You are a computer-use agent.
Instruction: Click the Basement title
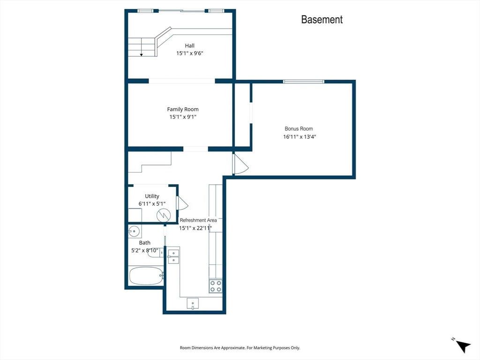tap(322, 20)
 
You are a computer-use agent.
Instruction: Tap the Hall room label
tap(189, 45)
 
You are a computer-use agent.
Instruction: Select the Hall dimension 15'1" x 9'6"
tap(189, 53)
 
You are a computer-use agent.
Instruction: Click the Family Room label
tap(183, 109)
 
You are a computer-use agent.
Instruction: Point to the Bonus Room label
tap(299, 129)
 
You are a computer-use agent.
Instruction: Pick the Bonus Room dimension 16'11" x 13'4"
tap(300, 137)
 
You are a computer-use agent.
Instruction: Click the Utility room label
tap(152, 196)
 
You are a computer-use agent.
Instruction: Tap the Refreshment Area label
tap(198, 220)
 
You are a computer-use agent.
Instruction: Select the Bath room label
tap(144, 243)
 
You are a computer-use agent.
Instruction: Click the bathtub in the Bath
tap(146, 276)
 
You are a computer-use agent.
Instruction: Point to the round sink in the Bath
tap(134, 231)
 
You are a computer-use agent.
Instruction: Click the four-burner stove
tap(216, 286)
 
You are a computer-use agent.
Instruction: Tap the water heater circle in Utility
tap(164, 215)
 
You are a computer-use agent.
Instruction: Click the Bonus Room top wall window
tap(303, 82)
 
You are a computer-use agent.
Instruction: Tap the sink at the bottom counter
tap(193, 303)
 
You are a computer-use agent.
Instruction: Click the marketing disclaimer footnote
tap(240, 348)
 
